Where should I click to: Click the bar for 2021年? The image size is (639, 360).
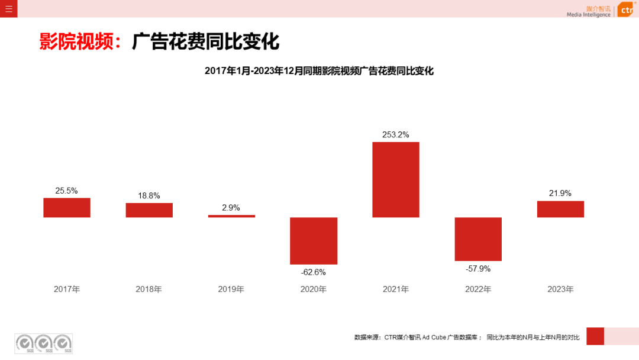(x=396, y=179)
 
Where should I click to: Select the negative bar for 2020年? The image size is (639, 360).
(x=314, y=240)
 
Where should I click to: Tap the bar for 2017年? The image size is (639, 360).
(x=67, y=208)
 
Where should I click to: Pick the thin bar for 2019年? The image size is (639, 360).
(x=231, y=216)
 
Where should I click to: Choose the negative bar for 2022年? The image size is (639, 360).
(x=478, y=239)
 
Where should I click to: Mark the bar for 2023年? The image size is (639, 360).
(x=560, y=209)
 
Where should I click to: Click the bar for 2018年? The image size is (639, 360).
(x=149, y=210)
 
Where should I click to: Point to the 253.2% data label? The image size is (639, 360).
(x=396, y=134)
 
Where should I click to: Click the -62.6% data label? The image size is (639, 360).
(x=314, y=272)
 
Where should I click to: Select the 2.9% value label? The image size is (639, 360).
(x=231, y=207)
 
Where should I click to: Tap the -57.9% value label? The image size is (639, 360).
(x=478, y=269)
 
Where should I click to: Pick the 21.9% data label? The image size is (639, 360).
(x=560, y=193)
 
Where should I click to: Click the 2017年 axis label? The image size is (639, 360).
(x=67, y=290)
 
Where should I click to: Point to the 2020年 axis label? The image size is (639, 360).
(x=314, y=290)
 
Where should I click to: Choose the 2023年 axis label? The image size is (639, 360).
(x=560, y=290)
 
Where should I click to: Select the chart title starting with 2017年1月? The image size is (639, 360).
(x=319, y=71)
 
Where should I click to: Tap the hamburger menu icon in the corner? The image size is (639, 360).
(x=8, y=9)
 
